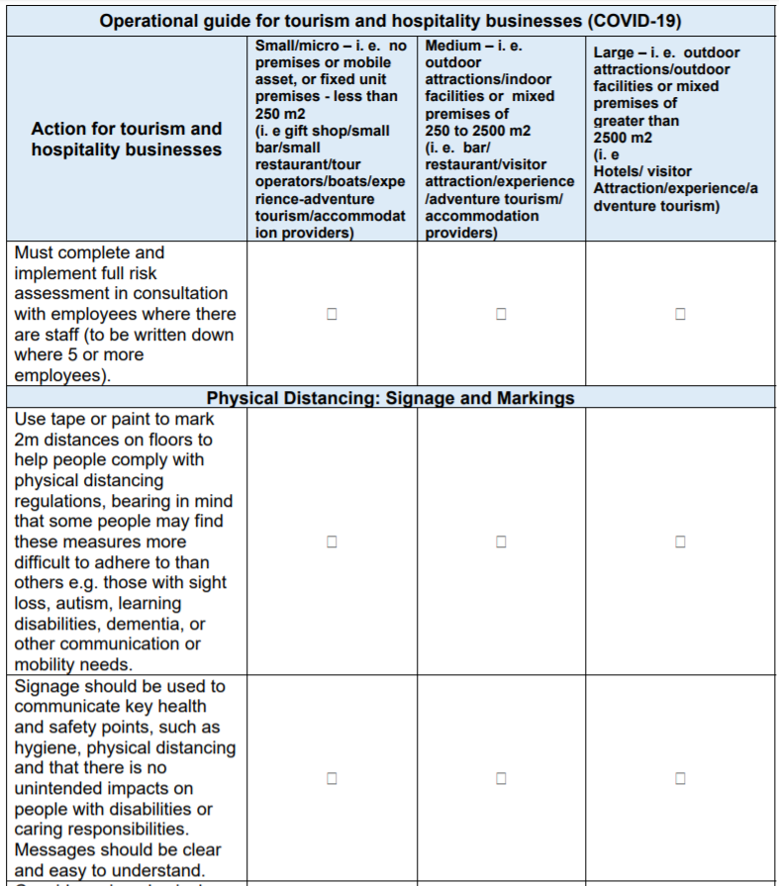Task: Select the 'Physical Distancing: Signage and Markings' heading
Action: (390, 398)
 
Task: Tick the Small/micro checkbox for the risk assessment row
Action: (332, 314)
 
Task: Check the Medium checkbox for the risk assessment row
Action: (501, 314)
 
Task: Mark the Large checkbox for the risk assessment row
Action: (680, 314)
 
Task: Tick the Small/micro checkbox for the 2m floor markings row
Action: (332, 541)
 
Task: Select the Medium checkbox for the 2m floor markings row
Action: (501, 541)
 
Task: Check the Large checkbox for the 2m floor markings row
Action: (680, 541)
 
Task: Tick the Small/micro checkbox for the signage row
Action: (332, 778)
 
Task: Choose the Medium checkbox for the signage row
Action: (501, 778)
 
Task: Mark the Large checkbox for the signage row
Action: (680, 778)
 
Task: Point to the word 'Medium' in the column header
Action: (452, 47)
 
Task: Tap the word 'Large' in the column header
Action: (614, 52)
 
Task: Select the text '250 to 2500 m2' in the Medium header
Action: (477, 131)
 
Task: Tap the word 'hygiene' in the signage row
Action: (41, 747)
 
